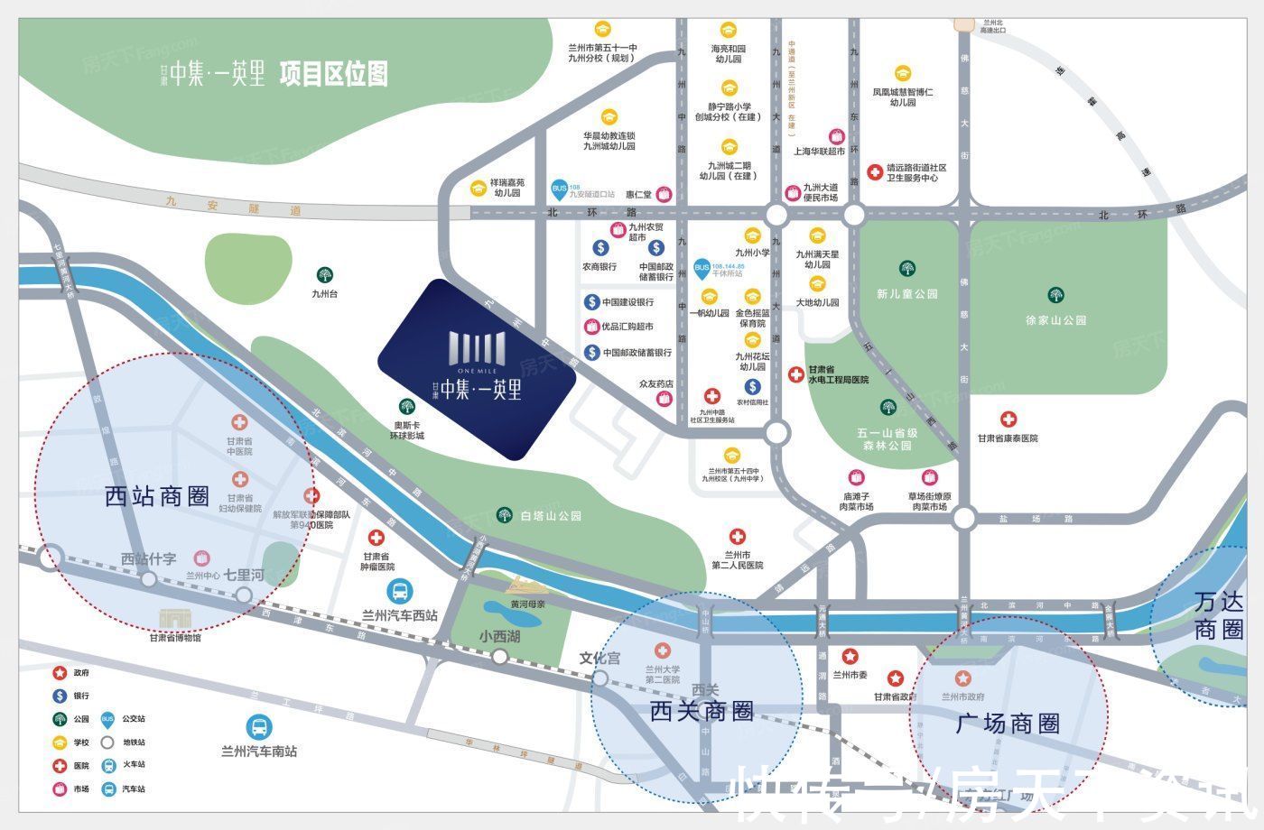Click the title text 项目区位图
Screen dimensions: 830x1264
pos(333,73)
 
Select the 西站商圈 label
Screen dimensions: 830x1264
pos(157,496)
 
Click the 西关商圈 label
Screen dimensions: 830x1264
pos(702,711)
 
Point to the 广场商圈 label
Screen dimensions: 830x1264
pos(1008,724)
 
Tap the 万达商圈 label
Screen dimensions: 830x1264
pos(1218,615)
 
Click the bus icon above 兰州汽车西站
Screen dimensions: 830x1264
pos(400,592)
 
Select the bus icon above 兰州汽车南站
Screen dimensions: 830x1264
pos(259,727)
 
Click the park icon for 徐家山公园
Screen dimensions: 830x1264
pos(1055,295)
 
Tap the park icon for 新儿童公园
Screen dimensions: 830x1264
pos(907,268)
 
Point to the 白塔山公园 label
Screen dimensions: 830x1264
pos(551,516)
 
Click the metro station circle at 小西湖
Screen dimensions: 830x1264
pos(499,657)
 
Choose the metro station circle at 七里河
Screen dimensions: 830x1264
pos(243,595)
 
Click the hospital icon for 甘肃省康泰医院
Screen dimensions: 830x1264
pos(1008,419)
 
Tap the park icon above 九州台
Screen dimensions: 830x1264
pos(324,274)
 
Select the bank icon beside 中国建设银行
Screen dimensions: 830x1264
pos(591,301)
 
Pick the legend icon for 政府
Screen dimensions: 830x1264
pos(60,673)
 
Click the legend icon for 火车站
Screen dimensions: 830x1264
pos(108,765)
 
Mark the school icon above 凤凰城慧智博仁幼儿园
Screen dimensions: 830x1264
pos(903,73)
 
